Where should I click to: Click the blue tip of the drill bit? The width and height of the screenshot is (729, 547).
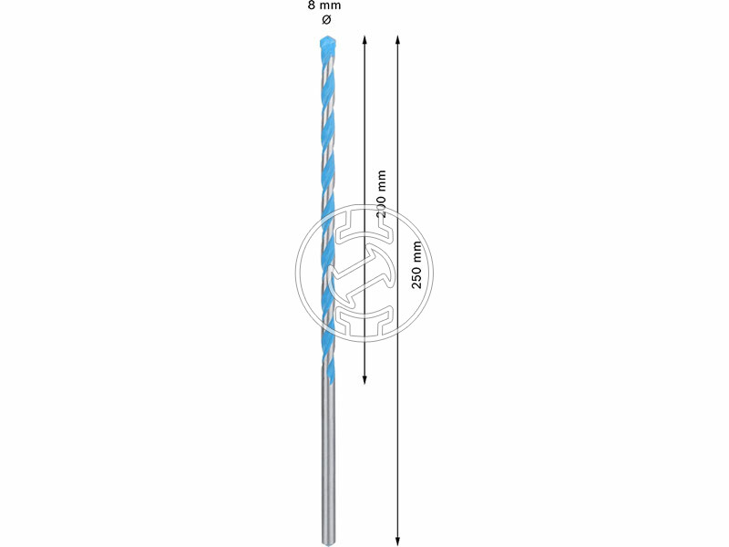click(x=327, y=43)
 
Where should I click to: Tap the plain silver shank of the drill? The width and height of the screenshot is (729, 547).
click(x=327, y=456)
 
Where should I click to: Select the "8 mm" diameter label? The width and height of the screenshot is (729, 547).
click(x=326, y=7)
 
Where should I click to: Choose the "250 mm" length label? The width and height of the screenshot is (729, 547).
click(x=417, y=264)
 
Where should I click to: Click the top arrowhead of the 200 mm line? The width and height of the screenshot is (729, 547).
click(x=364, y=40)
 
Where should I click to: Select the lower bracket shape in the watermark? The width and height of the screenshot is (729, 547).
click(x=364, y=316)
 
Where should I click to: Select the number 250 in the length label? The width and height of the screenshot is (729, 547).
click(x=417, y=277)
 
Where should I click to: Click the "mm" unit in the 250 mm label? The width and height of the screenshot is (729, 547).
click(x=417, y=248)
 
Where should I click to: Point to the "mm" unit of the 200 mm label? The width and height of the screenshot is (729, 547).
click(x=381, y=179)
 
